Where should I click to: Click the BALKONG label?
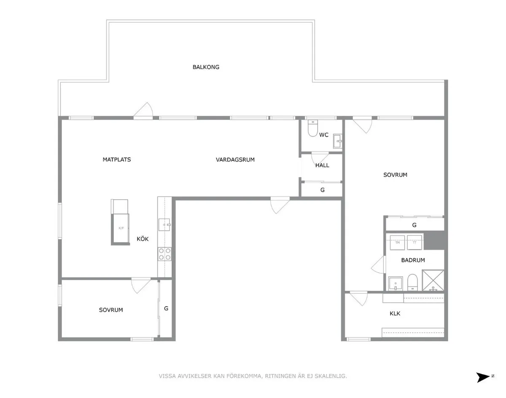click(x=206, y=67)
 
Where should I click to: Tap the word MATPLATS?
click(x=117, y=160)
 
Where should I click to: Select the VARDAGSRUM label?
click(x=235, y=160)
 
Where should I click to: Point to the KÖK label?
click(x=143, y=239)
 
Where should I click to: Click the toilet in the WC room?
click(x=313, y=128)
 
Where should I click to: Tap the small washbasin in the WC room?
click(x=337, y=141)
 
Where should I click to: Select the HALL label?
click(x=322, y=166)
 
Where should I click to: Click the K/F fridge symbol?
click(x=121, y=228)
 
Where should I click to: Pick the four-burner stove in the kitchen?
click(x=164, y=254)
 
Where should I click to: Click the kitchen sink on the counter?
click(x=164, y=225)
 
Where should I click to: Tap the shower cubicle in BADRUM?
click(x=433, y=280)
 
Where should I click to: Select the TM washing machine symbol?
click(x=397, y=243)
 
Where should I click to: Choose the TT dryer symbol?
click(x=414, y=243)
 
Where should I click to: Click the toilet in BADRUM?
click(x=412, y=282)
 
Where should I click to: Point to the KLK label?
click(x=395, y=313)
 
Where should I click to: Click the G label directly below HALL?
click(x=323, y=190)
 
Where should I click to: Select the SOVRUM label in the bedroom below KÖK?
click(x=111, y=310)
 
